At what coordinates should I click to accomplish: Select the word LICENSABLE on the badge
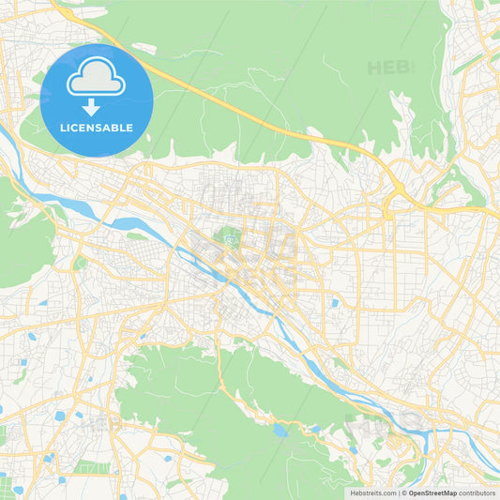[x=96, y=128]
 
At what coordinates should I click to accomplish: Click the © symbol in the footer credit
[x=403, y=492]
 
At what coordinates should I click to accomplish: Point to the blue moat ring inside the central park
[x=229, y=241]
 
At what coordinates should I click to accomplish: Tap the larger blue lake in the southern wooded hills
[x=280, y=431]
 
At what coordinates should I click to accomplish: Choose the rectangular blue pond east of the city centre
[x=335, y=303]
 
